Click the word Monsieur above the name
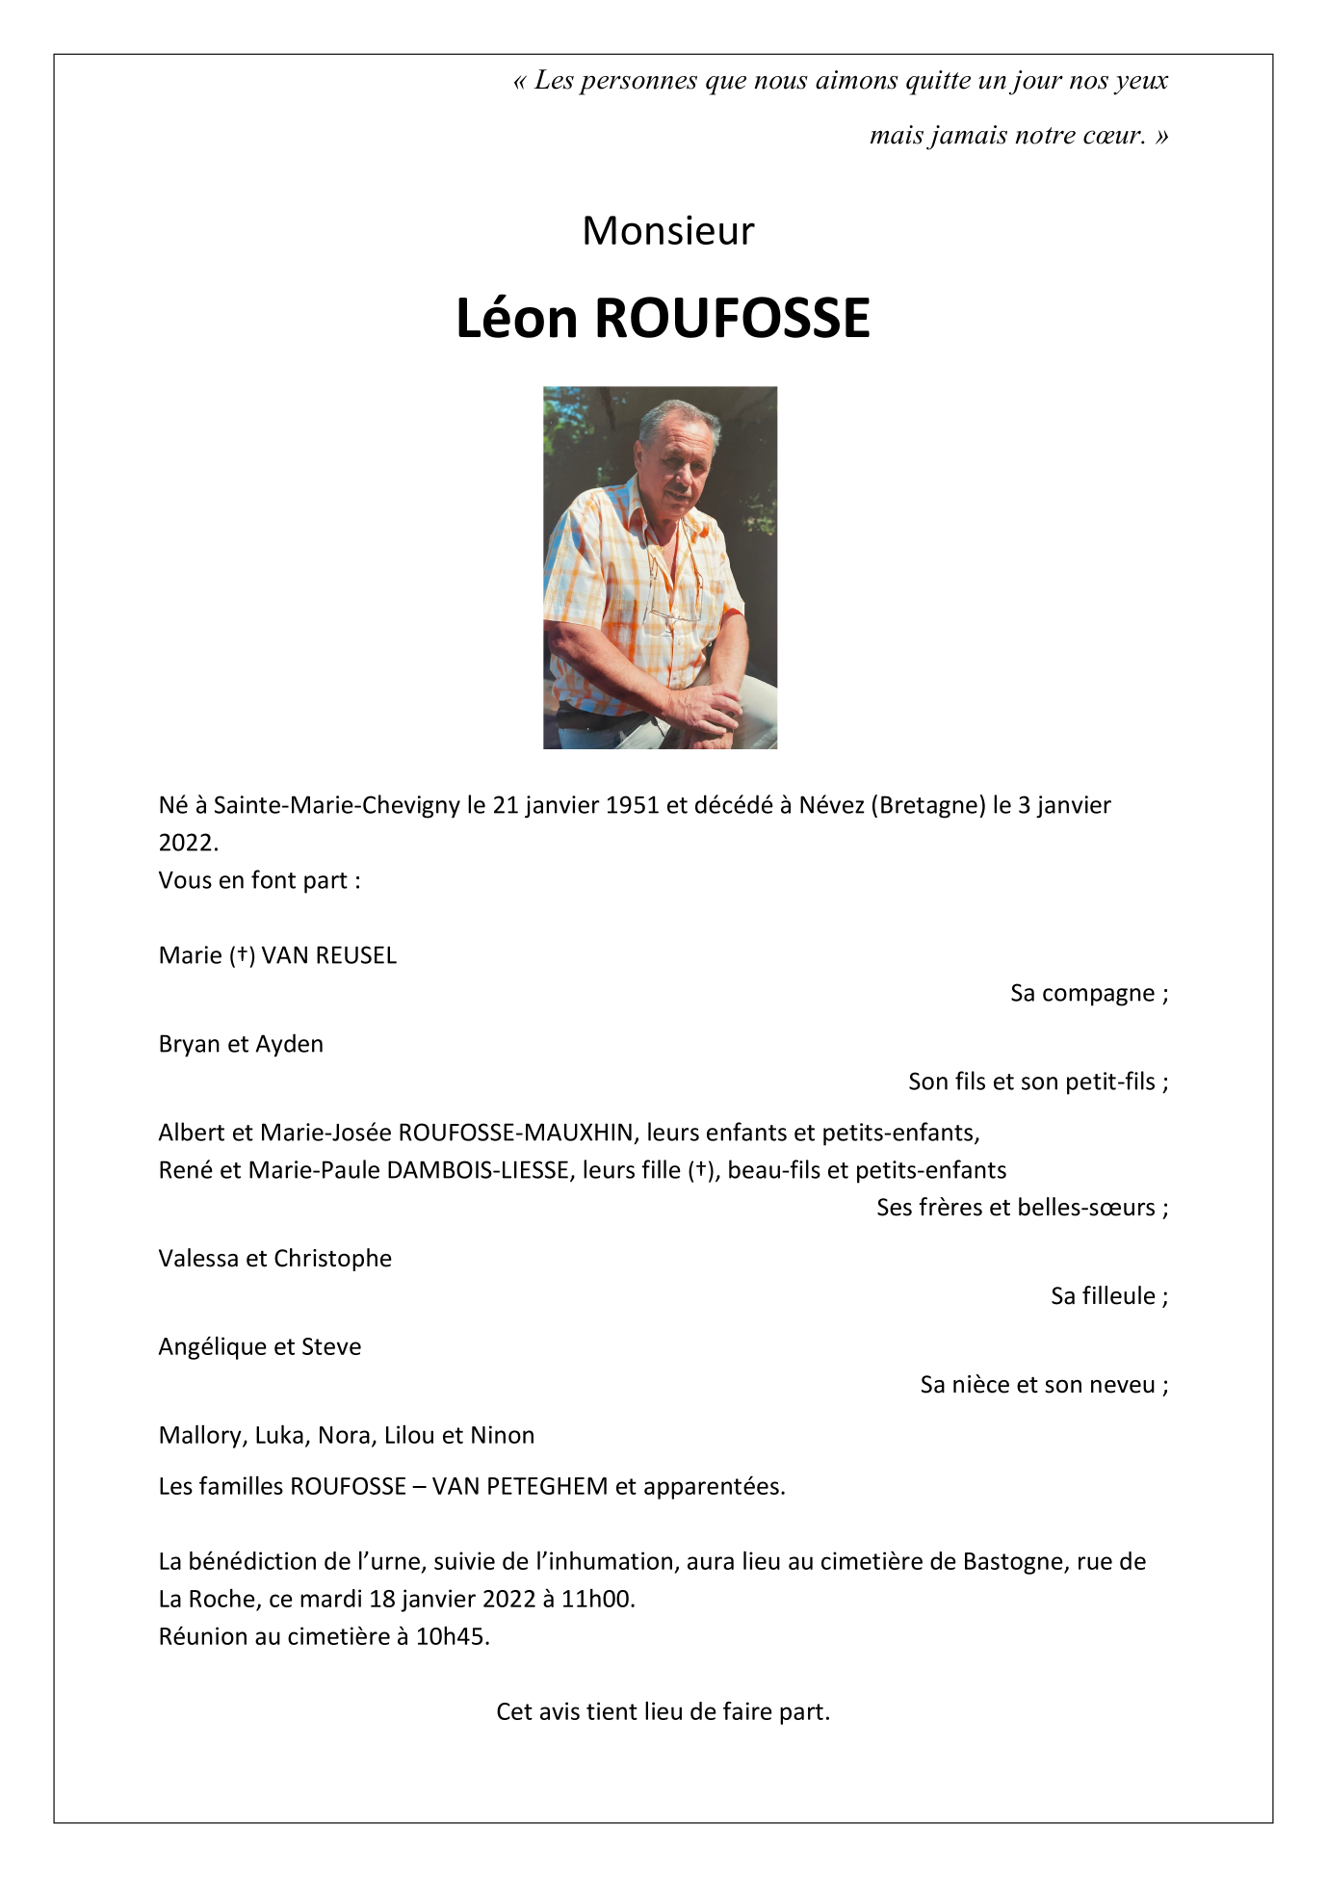click(667, 231)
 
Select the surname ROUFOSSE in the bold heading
click(732, 319)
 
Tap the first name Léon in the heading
click(515, 319)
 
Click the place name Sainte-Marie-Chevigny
click(336, 805)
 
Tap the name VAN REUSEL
click(329, 955)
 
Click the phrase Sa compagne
click(1082, 993)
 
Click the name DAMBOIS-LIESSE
click(478, 1170)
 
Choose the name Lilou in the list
click(409, 1436)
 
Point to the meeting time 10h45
click(452, 1637)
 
